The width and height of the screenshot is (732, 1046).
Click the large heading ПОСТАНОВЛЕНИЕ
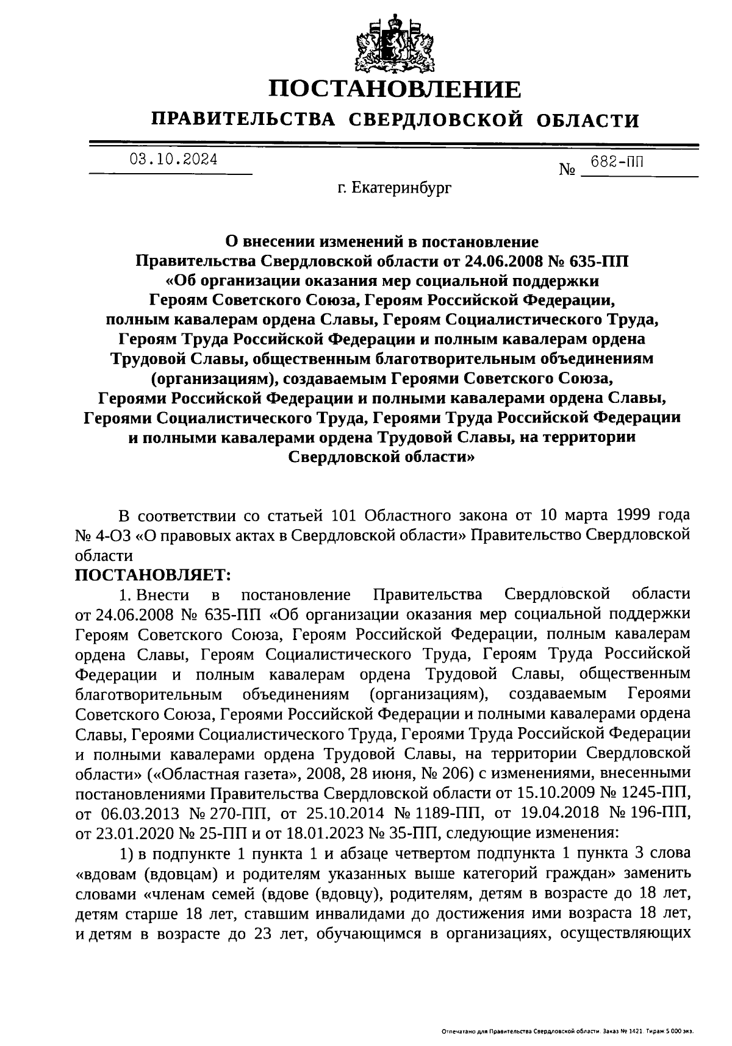pos(395,90)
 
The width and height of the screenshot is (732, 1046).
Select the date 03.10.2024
pos(173,160)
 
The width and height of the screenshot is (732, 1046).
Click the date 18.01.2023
pos(345,833)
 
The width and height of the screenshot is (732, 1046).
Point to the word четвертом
pos(432,853)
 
